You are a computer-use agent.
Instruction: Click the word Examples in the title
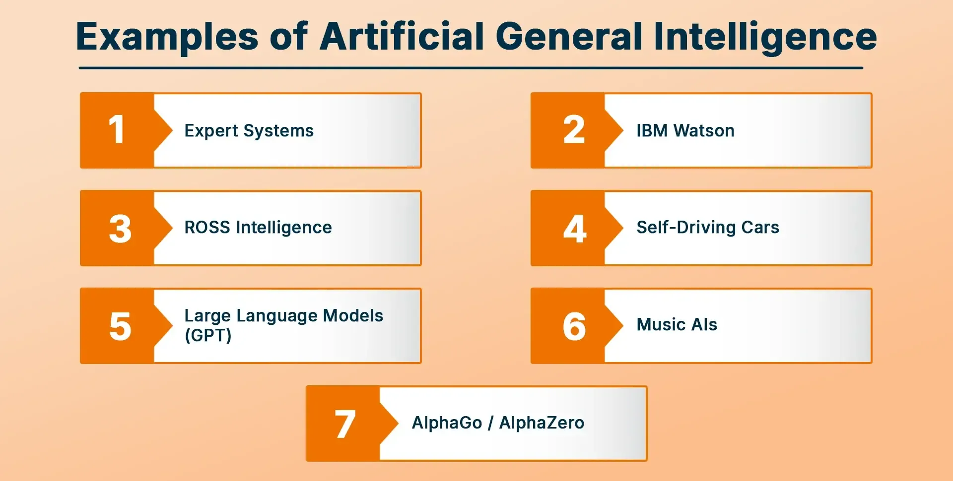167,37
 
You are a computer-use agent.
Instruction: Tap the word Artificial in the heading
402,36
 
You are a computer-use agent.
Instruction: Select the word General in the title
569,36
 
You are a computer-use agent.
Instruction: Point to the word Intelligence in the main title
765,37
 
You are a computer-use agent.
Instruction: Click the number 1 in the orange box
117,130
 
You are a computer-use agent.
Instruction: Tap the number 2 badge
574,130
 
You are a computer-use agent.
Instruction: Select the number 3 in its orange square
120,229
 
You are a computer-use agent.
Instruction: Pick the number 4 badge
575,229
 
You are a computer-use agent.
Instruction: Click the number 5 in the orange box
120,326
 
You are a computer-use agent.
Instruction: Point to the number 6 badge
574,326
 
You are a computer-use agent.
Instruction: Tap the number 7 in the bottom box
345,424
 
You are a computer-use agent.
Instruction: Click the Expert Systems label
249,131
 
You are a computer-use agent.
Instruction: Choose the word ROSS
207,228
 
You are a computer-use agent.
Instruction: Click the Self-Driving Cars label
707,228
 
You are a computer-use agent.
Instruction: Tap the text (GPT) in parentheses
208,336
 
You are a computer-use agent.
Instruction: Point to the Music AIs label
677,325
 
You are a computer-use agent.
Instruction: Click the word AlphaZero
542,423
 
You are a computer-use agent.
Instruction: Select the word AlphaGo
447,423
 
